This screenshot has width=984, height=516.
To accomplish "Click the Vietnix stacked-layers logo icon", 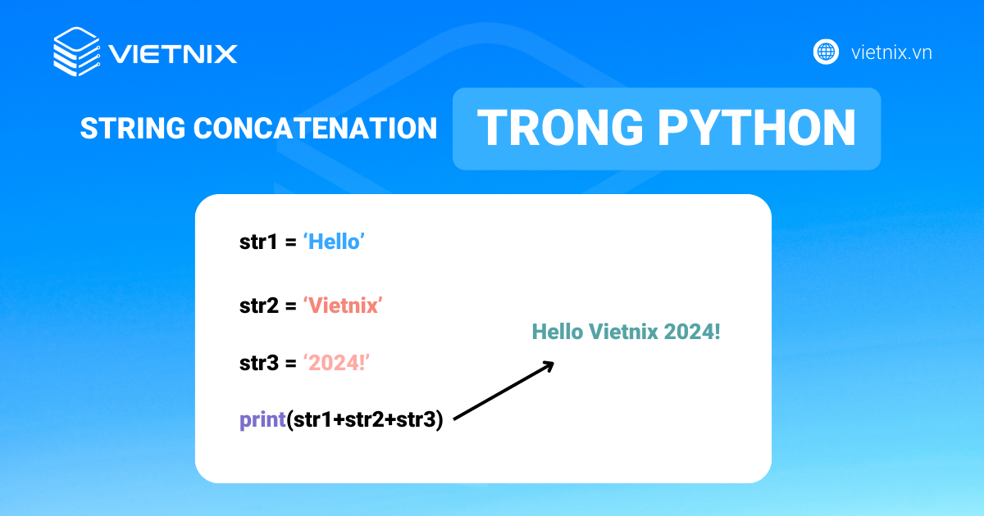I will pos(76,52).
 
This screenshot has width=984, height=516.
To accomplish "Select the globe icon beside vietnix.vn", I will pos(826,52).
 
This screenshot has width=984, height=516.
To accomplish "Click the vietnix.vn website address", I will pos(891,52).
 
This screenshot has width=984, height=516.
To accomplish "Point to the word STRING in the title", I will pos(133,129).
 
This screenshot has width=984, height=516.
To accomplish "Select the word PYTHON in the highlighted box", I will pos(768,129).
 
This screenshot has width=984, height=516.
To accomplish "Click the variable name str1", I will pos(258,242).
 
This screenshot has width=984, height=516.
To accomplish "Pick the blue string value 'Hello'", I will pos(334,242).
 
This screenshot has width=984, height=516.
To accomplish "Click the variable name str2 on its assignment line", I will pos(258,306).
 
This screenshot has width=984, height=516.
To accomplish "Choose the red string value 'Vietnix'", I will pos(344,306).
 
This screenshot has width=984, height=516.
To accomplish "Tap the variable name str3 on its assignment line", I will pos(258,363).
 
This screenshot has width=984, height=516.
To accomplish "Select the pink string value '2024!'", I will pos(336,363).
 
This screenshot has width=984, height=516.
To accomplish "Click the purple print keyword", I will pos(262,420).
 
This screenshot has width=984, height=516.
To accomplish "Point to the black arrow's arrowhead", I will pos(549,364).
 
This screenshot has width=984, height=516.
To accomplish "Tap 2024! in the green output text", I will pos(692,332).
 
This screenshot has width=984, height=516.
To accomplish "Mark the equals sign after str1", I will pos(290,243).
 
